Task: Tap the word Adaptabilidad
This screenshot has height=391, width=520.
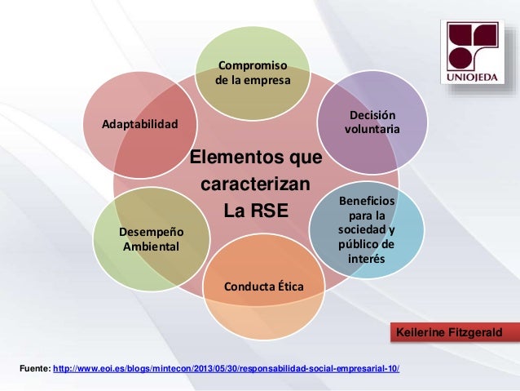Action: tap(139, 125)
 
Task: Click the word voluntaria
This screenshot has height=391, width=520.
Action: tap(372, 130)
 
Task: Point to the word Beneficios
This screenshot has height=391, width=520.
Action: tap(366, 200)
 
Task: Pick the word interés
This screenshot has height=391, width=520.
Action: tap(366, 259)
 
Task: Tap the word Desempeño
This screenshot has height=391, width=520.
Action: tap(152, 231)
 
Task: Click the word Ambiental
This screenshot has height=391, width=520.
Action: tap(152, 246)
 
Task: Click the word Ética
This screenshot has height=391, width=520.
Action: tap(289, 287)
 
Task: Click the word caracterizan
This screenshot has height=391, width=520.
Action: tap(255, 183)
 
